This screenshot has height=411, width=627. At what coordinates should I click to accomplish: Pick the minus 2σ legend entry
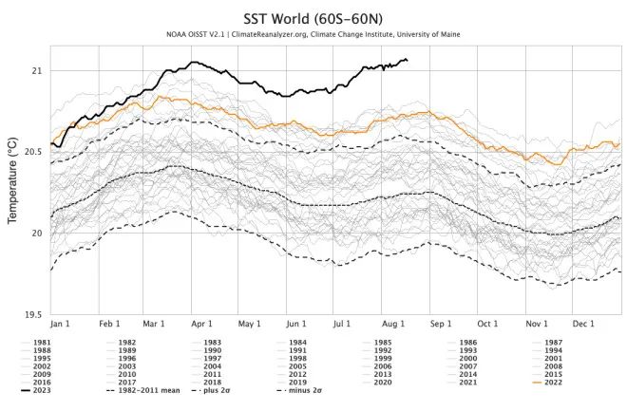(313, 390)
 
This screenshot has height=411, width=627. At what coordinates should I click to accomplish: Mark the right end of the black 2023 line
(408, 61)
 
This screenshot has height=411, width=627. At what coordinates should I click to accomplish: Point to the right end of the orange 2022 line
(619, 144)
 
